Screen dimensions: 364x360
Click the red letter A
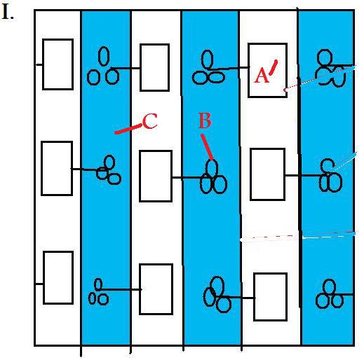[262, 76]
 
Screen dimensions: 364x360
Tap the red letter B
[205, 120]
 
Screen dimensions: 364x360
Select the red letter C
[150, 121]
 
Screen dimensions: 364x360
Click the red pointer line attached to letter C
[128, 129]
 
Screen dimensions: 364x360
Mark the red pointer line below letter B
[207, 147]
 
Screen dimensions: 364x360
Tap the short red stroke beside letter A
[273, 67]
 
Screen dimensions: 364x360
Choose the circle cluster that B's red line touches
[213, 177]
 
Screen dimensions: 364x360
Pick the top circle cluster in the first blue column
[103, 66]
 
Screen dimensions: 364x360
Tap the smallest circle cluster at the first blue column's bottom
[98, 292]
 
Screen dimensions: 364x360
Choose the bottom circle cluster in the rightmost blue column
[330, 293]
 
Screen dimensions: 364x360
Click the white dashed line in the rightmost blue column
[328, 237]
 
